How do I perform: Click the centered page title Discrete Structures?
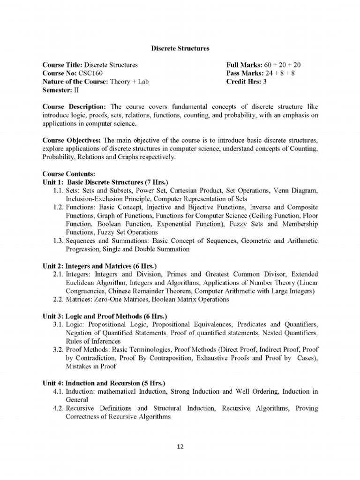[180, 48]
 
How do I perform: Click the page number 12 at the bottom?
[180, 447]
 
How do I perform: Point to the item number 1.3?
[59, 241]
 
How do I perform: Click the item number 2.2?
[59, 300]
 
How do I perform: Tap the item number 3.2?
[59, 350]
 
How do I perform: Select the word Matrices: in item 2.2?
[79, 300]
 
